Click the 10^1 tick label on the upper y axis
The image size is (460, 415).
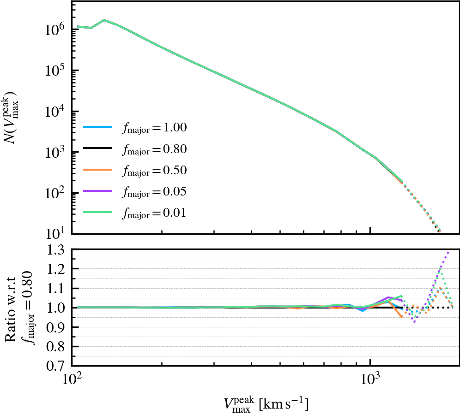pos(55,233)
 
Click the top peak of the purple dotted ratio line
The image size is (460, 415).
pos(448,252)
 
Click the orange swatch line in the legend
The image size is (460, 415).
pos(97,171)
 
